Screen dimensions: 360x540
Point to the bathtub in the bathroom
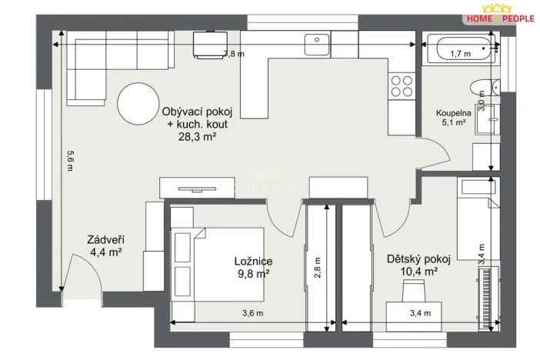click(x=459, y=53)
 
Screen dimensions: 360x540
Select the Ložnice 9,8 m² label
click(x=253, y=267)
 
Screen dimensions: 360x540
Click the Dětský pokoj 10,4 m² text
click(x=412, y=265)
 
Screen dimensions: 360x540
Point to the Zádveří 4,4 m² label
click(x=105, y=245)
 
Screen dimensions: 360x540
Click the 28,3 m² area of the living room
click(x=197, y=139)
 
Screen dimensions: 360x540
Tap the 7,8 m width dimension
click(x=233, y=54)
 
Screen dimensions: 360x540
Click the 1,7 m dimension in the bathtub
click(x=460, y=54)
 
